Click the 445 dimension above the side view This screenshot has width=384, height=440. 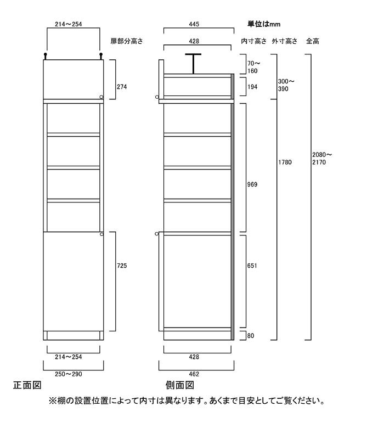pos(194,24)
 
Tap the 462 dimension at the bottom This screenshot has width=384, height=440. pos(194,374)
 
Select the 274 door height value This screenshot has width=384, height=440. pos(122,87)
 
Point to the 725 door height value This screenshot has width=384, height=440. pos(122,266)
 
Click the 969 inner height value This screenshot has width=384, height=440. pos(252,184)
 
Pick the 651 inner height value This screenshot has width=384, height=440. pos(252,266)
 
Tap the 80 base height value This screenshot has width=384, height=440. pos(251,336)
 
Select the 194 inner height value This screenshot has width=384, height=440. pos(252,87)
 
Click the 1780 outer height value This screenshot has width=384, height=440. pos(285,162)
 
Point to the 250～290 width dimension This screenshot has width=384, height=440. pos(69,374)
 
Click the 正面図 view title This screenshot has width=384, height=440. pos(27,385)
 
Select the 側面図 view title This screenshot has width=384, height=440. pos(180,385)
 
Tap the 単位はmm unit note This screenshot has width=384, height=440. pos(264,24)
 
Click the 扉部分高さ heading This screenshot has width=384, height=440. pos(127,41)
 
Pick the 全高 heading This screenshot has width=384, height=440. pos(313,41)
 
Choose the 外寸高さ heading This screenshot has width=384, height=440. pos(284,41)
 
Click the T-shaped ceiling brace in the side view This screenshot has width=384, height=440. pos(193,64)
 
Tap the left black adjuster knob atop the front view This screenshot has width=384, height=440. pos(45,56)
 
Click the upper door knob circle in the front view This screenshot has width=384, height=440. pos(101,97)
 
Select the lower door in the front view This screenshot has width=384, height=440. pos(74,281)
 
